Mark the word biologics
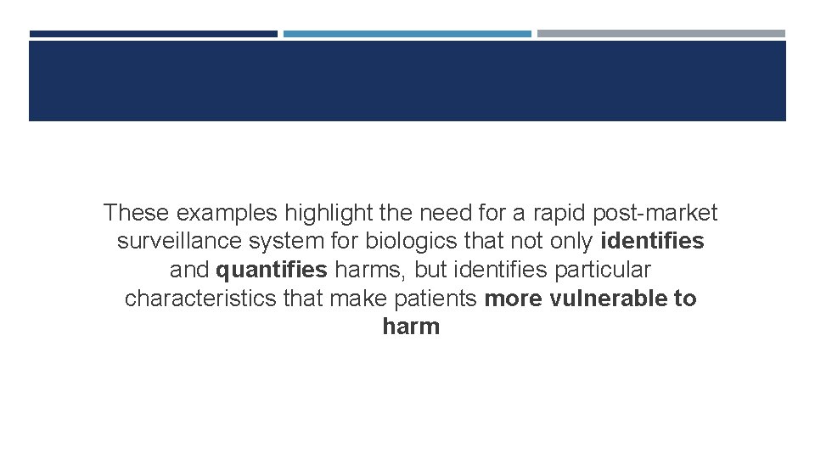(x=402, y=242)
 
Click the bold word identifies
(x=652, y=242)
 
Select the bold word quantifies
(x=272, y=271)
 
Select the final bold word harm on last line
(x=411, y=327)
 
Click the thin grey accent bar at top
(x=660, y=34)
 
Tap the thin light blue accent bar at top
(x=407, y=34)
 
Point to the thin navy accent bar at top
(x=153, y=34)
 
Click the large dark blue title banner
(x=407, y=81)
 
